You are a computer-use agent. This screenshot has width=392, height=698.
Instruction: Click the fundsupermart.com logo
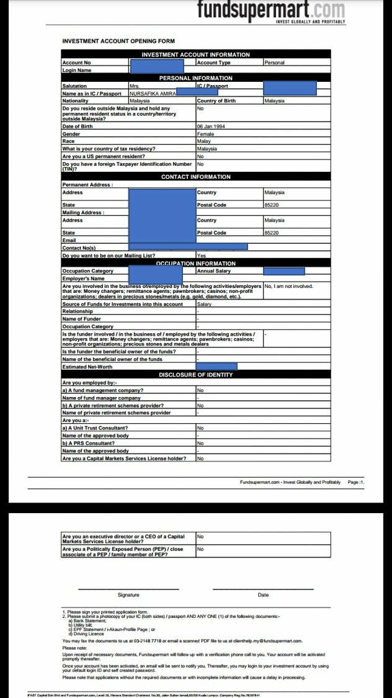tap(271, 11)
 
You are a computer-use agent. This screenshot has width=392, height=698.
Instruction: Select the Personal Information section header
tap(195, 78)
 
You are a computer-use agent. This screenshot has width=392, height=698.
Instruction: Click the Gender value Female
tap(205, 134)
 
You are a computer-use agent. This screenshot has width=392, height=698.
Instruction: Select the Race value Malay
tap(204, 141)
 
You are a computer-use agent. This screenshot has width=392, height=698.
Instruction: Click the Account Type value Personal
tap(274, 63)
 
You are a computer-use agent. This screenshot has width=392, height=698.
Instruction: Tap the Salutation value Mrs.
tap(135, 86)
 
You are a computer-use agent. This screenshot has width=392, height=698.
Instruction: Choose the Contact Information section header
tap(195, 177)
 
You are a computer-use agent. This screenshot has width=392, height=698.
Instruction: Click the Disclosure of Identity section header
tap(195, 375)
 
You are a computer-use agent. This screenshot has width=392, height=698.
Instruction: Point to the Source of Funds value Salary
tap(204, 304)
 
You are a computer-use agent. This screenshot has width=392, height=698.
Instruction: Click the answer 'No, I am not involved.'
tap(288, 286)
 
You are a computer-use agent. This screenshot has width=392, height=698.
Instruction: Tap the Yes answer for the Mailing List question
tap(201, 256)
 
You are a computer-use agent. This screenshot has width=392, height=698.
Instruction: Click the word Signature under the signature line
tap(128, 595)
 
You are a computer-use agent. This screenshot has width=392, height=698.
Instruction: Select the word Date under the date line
tap(263, 595)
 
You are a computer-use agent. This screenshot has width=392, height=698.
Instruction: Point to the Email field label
tap(69, 240)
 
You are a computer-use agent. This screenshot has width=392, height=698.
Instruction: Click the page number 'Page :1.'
tap(356, 482)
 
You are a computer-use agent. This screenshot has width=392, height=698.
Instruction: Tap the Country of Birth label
tap(216, 101)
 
